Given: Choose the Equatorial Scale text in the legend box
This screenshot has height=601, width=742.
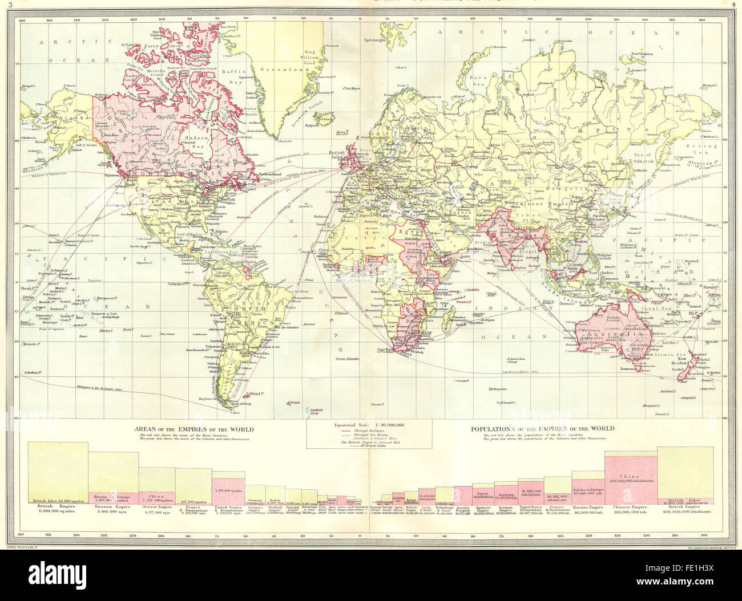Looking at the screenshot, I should pos(358,426).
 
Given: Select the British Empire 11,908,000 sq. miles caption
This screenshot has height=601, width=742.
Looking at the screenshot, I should pos(47,510).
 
